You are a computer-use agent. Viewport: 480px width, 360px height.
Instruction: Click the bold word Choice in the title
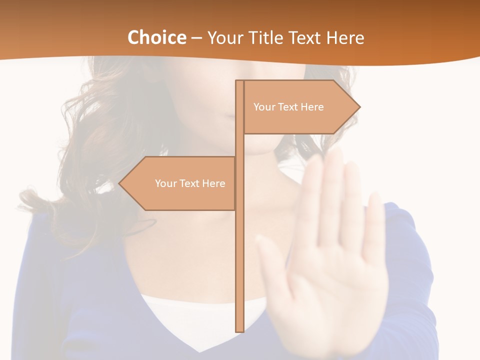(156, 37)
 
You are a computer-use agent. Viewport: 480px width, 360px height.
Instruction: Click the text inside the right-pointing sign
(288, 107)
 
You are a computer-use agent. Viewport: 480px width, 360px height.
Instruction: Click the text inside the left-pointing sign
(190, 183)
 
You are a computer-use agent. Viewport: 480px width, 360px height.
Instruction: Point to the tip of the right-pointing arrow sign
(359, 107)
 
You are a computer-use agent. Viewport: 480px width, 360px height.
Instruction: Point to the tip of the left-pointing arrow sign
(119, 183)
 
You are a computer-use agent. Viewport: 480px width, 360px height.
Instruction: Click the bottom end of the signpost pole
(239, 330)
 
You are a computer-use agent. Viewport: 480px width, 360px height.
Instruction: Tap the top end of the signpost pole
(239, 81)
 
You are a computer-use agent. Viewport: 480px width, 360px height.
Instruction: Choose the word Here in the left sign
(214, 183)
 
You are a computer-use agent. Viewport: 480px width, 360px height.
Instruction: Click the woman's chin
(260, 147)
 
